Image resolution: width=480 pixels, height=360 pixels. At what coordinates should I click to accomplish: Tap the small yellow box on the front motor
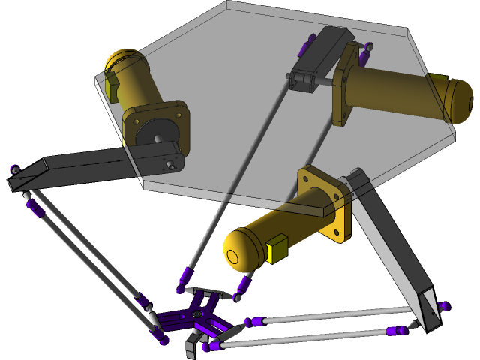277,249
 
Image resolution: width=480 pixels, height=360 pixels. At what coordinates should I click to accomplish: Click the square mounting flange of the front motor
324,205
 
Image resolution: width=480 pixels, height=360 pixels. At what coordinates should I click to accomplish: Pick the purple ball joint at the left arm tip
14,170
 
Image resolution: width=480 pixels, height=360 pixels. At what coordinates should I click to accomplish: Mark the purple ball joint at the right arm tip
445,306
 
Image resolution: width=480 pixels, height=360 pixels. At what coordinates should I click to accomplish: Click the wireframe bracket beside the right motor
302,79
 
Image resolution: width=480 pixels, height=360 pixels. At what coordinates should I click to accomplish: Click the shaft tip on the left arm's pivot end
172,163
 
